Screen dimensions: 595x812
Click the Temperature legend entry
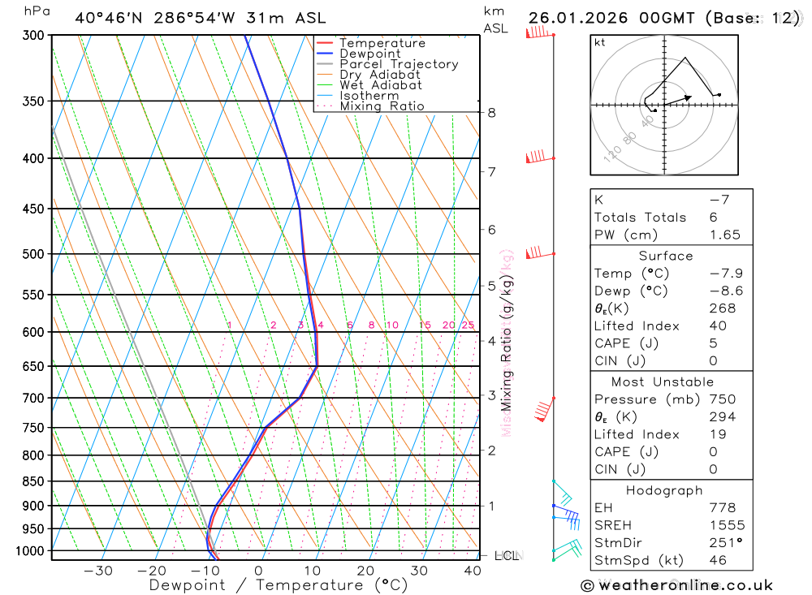point(382,43)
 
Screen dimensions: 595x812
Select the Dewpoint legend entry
point(370,54)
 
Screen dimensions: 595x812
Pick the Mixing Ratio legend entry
point(382,106)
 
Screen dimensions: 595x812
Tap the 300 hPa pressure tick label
point(33,35)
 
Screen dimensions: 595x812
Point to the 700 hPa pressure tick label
point(33,398)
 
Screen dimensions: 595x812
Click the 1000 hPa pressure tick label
point(30,551)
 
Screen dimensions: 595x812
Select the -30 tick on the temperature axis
point(97,571)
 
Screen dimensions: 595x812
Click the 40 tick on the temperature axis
point(472,571)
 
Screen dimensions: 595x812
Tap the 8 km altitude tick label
point(491,112)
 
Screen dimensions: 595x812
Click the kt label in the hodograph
point(599,43)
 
